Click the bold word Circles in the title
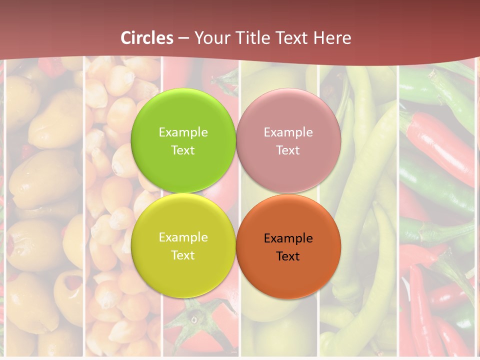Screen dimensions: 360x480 point(147,38)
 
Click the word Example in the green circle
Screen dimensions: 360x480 point(183,132)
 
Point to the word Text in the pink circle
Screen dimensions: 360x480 point(288,150)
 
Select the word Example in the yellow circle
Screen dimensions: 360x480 point(183,237)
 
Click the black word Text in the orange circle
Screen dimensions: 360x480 point(288,256)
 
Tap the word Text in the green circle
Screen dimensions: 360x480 point(183,150)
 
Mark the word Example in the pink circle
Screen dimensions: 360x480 point(288,132)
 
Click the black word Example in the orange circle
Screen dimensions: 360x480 point(288,238)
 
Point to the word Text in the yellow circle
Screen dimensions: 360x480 point(183,255)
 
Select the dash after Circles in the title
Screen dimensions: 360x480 point(183,38)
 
